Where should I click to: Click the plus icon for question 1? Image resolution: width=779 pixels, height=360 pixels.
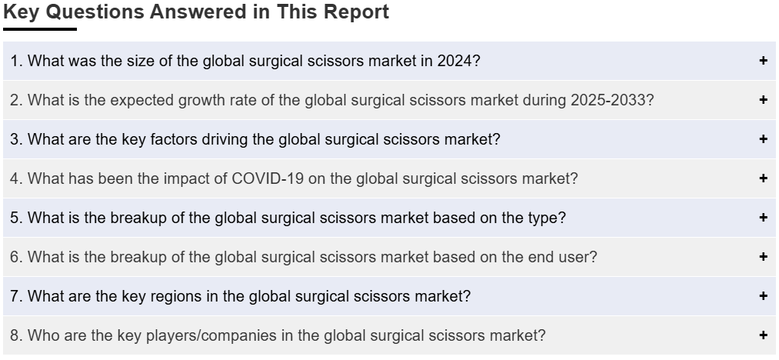(764, 61)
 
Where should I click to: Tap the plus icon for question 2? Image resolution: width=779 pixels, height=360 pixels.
(764, 100)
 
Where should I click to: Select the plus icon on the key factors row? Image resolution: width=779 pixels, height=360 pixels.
(764, 139)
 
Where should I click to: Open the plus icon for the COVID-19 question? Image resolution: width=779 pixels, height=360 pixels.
(764, 178)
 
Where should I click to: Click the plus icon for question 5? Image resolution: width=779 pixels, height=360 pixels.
(764, 217)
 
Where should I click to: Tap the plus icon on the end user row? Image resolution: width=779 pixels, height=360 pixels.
(764, 257)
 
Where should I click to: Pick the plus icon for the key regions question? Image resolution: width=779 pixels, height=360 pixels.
(764, 296)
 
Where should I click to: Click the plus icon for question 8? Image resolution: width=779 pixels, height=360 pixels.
(764, 335)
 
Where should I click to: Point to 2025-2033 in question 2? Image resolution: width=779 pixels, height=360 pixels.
(608, 100)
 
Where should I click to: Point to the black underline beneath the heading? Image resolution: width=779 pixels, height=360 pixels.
(40, 29)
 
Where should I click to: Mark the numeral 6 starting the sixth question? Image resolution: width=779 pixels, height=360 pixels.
(15, 257)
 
